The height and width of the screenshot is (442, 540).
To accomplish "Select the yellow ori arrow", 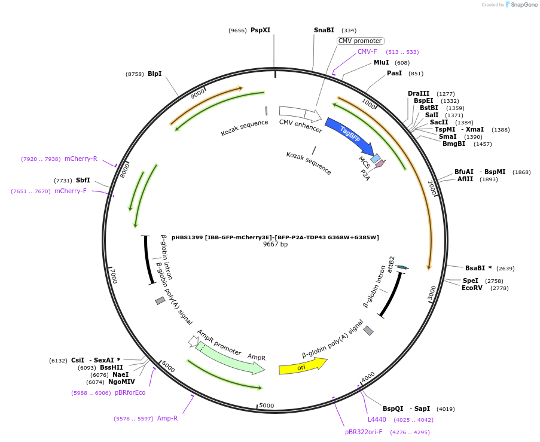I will point(303,366).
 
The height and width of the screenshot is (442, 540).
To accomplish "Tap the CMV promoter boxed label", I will point(360,41).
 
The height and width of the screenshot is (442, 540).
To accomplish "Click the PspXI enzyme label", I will point(260,30).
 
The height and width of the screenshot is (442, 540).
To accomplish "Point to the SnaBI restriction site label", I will point(324,30).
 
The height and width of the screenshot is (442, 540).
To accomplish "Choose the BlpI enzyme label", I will point(154,74).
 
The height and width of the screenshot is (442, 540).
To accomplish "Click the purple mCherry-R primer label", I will point(81,158).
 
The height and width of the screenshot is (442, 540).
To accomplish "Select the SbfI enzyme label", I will point(83,180).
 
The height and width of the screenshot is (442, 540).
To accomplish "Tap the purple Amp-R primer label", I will point(167,418).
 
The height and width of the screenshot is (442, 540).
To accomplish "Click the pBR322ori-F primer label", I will point(364,432).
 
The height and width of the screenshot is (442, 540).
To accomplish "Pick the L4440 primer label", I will point(377,419).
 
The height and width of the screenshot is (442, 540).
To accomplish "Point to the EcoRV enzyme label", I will point(472,288).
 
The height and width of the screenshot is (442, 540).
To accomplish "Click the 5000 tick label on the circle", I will point(266,406).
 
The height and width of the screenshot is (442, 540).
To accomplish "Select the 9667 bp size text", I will point(275,244).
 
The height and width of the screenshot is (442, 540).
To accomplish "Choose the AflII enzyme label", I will point(465,179).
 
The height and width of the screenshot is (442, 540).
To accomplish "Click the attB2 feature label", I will point(391,264).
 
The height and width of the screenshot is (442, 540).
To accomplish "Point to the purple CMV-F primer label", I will point(367,51).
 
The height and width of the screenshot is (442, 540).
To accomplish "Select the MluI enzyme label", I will point(381,62).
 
